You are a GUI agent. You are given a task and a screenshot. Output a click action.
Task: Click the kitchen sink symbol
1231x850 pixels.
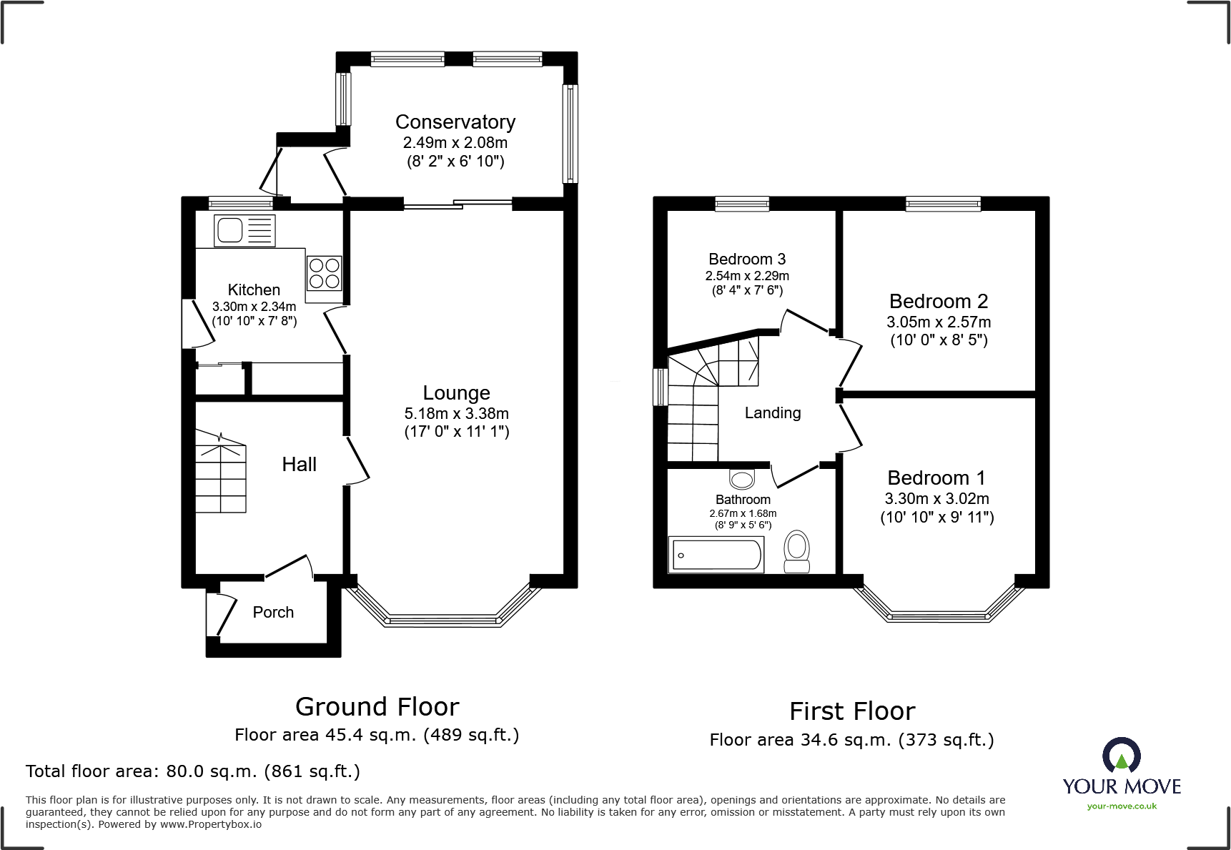(244, 230)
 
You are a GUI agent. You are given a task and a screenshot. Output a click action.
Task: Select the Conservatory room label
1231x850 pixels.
(455, 122)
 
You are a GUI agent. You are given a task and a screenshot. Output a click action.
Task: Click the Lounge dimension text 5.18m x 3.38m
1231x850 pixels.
(456, 413)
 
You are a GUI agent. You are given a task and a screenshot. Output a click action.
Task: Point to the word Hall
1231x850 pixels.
(299, 465)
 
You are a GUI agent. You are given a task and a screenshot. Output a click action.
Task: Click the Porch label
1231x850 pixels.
(273, 612)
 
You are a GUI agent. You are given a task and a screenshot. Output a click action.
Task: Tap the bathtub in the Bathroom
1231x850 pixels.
(716, 555)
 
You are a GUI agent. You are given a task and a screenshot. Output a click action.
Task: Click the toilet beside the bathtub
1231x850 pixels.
(796, 551)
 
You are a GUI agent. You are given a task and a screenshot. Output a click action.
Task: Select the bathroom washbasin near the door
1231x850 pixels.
(742, 478)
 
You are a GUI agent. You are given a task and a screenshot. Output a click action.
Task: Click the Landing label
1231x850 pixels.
(772, 413)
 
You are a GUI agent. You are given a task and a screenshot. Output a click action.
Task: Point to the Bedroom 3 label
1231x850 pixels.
(747, 260)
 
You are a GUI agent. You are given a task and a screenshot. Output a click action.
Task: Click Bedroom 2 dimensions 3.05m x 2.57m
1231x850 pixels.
(939, 322)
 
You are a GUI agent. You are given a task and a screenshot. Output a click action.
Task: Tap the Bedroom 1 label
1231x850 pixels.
(936, 478)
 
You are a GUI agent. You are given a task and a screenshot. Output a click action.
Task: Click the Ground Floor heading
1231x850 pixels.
(377, 707)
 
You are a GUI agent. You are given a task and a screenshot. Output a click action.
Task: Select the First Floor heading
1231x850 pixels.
(851, 711)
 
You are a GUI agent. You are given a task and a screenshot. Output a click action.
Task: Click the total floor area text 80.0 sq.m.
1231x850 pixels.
(193, 771)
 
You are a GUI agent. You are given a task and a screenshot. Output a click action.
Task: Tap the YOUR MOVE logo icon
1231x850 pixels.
(1121, 756)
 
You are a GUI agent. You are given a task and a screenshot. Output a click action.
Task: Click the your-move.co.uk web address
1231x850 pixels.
(1122, 806)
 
